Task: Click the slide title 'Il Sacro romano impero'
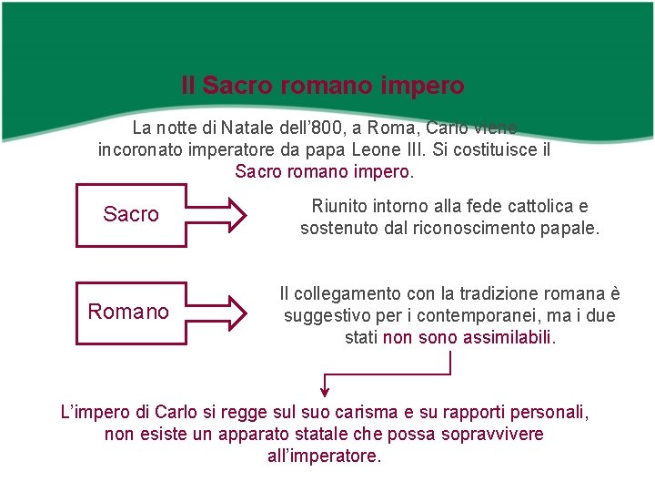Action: [323, 87]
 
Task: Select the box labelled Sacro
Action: [131, 215]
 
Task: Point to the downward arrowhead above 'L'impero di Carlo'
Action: [325, 386]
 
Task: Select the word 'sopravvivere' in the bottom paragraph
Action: [491, 434]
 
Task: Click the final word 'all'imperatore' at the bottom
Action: [323, 456]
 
